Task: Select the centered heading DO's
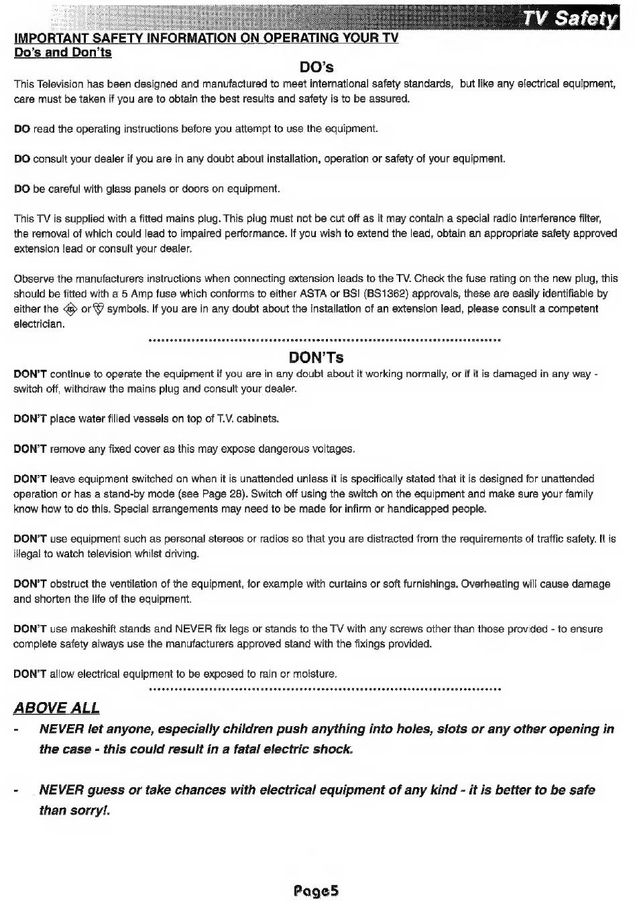[316, 67]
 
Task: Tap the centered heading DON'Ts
[316, 357]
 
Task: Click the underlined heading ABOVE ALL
[56, 708]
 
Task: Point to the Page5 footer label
[316, 890]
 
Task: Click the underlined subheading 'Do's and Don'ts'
[63, 52]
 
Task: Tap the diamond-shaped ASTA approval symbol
[70, 309]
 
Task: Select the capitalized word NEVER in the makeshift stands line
[194, 629]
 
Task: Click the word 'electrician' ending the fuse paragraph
[39, 324]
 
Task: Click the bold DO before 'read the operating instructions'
[21, 129]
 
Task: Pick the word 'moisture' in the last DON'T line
[314, 674]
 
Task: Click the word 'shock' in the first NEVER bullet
[333, 749]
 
